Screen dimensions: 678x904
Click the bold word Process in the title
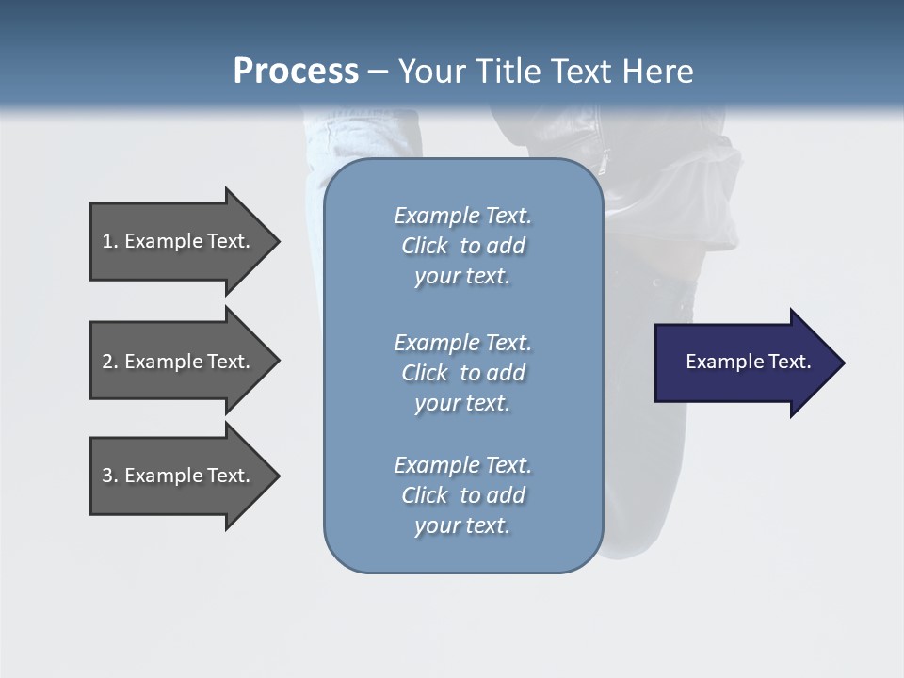[296, 71]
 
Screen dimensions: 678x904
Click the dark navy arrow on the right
[744, 363]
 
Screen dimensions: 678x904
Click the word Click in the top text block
[425, 246]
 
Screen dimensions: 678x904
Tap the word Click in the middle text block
[425, 373]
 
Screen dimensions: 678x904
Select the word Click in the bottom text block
[425, 495]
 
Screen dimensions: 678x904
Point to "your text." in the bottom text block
[462, 525]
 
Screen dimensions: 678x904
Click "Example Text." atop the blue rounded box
[462, 216]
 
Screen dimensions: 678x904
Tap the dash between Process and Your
[378, 72]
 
